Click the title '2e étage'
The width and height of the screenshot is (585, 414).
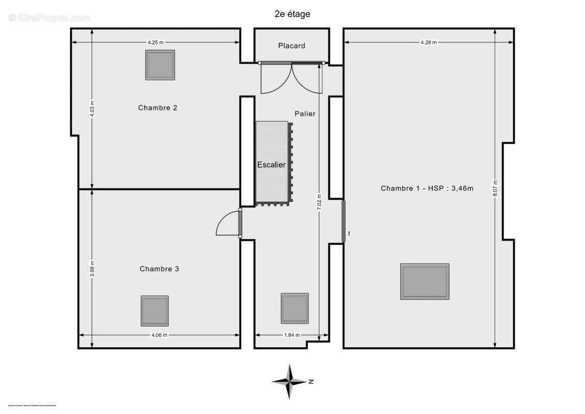292,14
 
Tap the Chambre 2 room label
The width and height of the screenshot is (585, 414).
158,108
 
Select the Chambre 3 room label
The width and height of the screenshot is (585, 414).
159,269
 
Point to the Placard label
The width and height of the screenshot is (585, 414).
292,46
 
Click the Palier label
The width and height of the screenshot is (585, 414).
305,113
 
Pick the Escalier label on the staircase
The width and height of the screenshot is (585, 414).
272,165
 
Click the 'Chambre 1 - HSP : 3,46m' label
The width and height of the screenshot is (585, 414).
427,188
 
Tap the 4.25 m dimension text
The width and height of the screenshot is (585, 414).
156,42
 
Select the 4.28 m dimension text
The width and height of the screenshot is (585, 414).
429,42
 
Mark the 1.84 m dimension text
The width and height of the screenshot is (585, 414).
292,335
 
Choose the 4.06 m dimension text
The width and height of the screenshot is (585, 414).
159,335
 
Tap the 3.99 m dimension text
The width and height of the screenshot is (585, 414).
92,268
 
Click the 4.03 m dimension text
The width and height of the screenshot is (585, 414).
92,109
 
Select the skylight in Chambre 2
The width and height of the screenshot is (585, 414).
160,65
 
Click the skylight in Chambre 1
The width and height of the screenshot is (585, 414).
425,282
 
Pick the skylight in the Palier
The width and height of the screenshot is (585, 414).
295,308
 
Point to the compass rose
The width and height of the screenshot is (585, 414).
290,382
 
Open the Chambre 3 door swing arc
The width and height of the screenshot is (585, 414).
226,224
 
